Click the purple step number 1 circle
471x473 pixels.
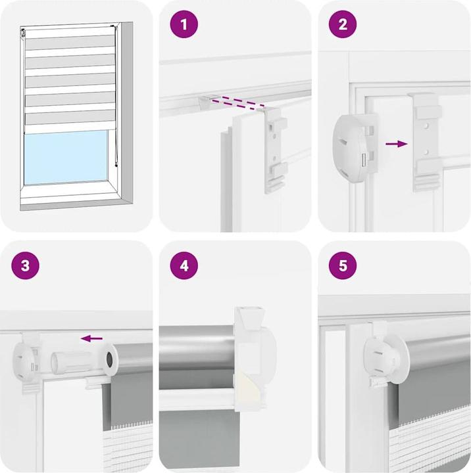[184, 24]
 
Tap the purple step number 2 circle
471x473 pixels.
[343, 24]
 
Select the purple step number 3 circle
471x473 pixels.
[26, 265]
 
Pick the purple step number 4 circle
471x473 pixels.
[184, 265]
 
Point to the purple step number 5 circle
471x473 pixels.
[343, 265]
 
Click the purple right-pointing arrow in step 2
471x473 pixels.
[397, 144]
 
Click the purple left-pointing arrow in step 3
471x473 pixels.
[91, 338]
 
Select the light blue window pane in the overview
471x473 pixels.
[66, 157]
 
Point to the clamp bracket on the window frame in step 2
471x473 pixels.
[427, 142]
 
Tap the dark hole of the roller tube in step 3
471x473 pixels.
[109, 359]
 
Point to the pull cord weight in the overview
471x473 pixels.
[116, 165]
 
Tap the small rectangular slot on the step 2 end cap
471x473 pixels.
[364, 159]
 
